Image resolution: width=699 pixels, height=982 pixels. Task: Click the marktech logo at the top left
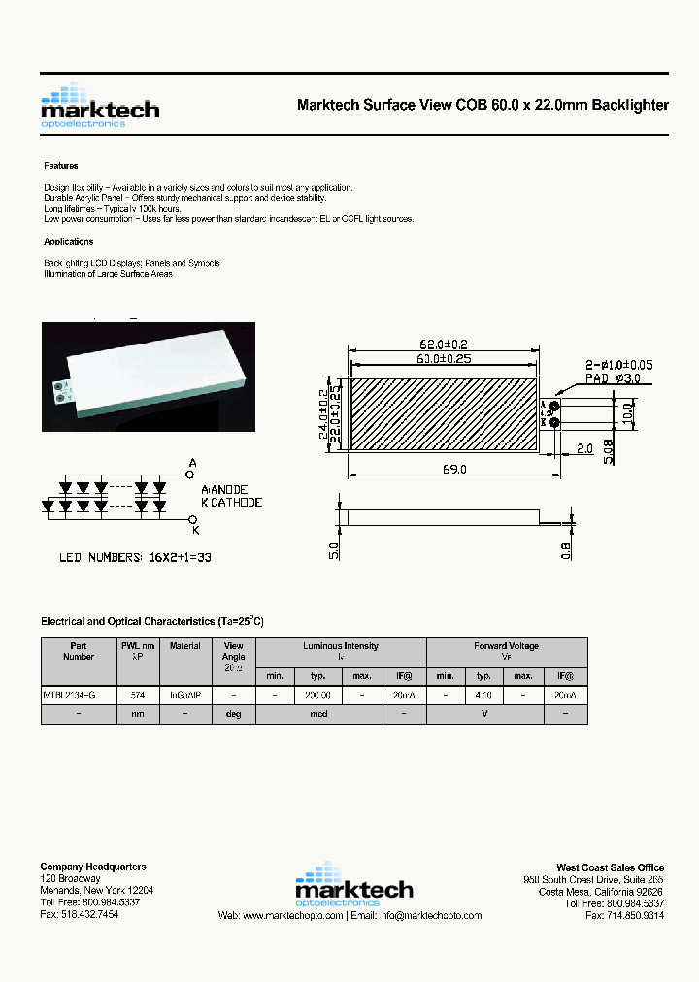(x=99, y=106)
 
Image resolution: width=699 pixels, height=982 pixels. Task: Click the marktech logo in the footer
(x=353, y=884)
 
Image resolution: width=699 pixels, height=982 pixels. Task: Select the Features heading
(x=61, y=166)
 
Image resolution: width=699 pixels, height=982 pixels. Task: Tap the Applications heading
(x=69, y=242)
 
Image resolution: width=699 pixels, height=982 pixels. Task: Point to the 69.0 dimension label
(x=455, y=469)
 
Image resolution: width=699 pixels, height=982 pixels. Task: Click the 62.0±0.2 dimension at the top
(x=443, y=344)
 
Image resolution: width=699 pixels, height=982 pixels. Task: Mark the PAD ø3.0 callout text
(x=613, y=378)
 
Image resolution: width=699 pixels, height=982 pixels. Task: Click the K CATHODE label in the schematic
(x=231, y=503)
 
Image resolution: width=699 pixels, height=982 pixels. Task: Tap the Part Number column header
(x=79, y=651)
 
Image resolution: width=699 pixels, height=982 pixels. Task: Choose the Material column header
(x=185, y=646)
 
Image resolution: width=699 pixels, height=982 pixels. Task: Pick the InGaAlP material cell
(x=185, y=696)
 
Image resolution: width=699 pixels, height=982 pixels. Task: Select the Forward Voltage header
(x=506, y=646)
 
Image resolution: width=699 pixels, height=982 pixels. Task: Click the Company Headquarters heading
(x=93, y=867)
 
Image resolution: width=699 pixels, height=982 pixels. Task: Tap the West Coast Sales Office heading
(x=610, y=867)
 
